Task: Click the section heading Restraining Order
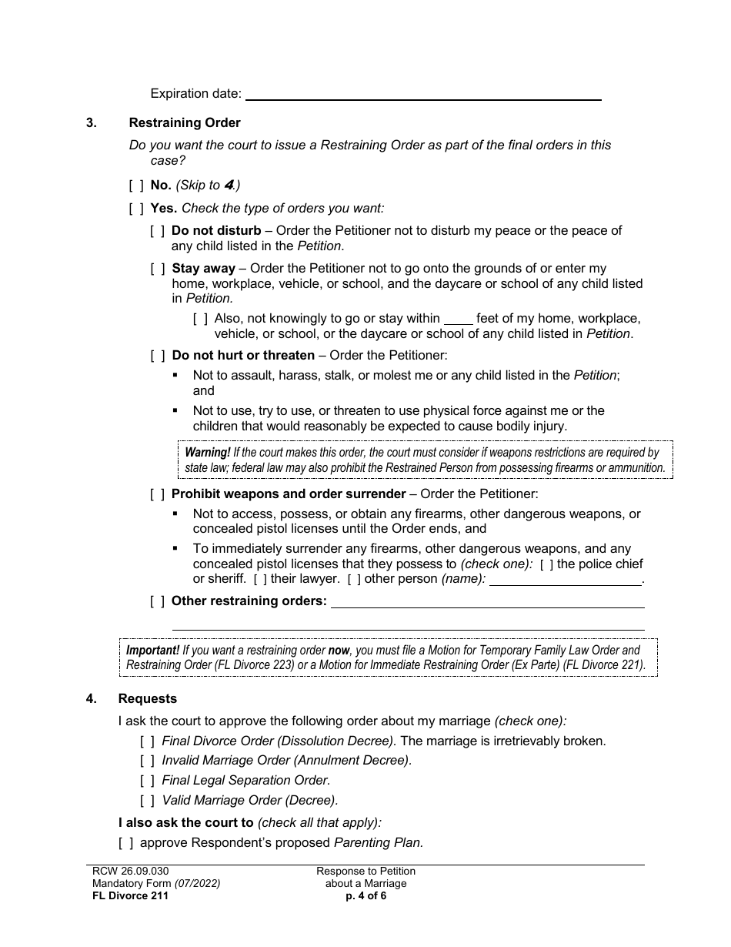pyautogui.click(x=185, y=122)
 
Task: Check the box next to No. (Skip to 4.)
pyautogui.click(x=136, y=186)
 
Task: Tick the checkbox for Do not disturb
pyautogui.click(x=157, y=230)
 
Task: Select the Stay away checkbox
pyautogui.click(x=157, y=269)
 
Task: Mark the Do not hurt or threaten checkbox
pyautogui.click(x=157, y=356)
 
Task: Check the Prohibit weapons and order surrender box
pyautogui.click(x=157, y=494)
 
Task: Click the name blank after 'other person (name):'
pyautogui.click(x=566, y=580)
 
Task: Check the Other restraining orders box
pyautogui.click(x=157, y=601)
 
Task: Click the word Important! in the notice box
pyautogui.click(x=152, y=651)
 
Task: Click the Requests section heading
pyautogui.click(x=147, y=698)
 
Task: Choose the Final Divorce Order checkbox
pyautogui.click(x=147, y=741)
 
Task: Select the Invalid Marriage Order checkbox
pyautogui.click(x=147, y=761)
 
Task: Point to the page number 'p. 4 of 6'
pyautogui.click(x=365, y=895)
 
